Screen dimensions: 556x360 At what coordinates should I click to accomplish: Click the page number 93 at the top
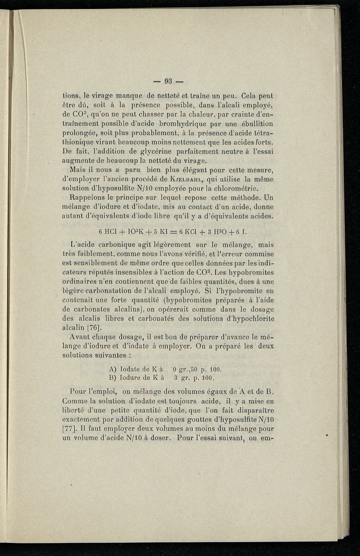point(169,81)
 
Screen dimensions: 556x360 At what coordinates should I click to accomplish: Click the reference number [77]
point(70,426)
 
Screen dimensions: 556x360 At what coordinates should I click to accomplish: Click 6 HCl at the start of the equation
point(108,231)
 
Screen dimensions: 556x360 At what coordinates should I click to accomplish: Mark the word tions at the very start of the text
point(70,96)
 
